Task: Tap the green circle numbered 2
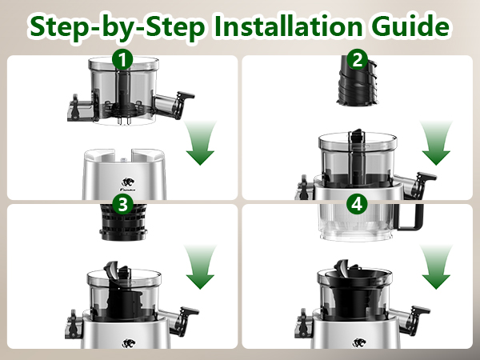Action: (358, 58)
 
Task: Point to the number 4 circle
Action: (356, 205)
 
